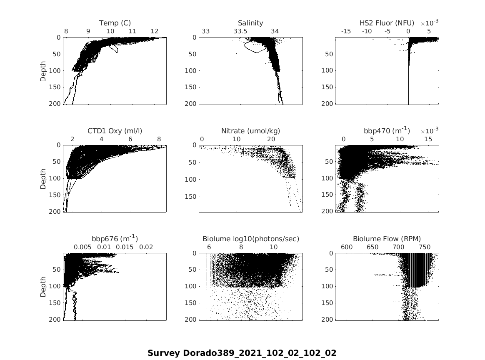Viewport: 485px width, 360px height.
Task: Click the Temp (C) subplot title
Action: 115,23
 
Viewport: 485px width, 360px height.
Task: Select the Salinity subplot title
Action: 250,23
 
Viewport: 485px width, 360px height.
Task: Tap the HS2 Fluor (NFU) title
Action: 387,23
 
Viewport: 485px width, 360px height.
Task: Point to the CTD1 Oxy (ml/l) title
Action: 115,131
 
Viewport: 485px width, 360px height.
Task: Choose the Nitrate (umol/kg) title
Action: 250,131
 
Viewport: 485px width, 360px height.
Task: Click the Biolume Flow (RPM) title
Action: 387,239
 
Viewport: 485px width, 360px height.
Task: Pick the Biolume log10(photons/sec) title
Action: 250,239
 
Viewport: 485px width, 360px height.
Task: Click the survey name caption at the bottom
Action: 242,353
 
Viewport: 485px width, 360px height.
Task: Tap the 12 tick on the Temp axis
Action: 154,31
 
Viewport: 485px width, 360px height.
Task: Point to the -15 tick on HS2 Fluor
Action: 346,31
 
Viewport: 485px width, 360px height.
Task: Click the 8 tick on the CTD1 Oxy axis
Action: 159,139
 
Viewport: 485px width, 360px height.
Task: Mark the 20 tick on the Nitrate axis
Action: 271,139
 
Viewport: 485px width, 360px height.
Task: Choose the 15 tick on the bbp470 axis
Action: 428,139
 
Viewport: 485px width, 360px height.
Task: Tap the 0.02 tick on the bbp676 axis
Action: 146,247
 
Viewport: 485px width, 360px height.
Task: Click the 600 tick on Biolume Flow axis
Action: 347,247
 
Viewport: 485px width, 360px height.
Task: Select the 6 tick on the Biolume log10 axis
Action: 209,247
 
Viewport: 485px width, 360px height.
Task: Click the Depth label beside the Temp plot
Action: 44,71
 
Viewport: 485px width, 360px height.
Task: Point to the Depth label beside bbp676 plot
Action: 44,287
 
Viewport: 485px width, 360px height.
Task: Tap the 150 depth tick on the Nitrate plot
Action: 191,197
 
